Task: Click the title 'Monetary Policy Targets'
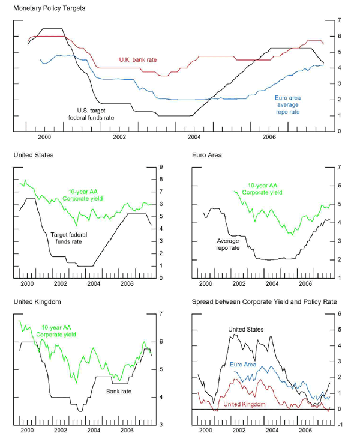tap(49, 8)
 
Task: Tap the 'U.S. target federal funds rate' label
tap(95, 114)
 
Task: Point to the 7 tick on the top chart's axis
tap(339, 20)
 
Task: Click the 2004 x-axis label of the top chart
tap(194, 138)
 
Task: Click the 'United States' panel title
tap(33, 155)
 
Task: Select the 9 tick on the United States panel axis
tap(161, 167)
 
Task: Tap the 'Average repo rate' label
tap(227, 244)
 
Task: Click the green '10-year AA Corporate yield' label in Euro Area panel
tap(264, 189)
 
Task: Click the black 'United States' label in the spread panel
tap(246, 329)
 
